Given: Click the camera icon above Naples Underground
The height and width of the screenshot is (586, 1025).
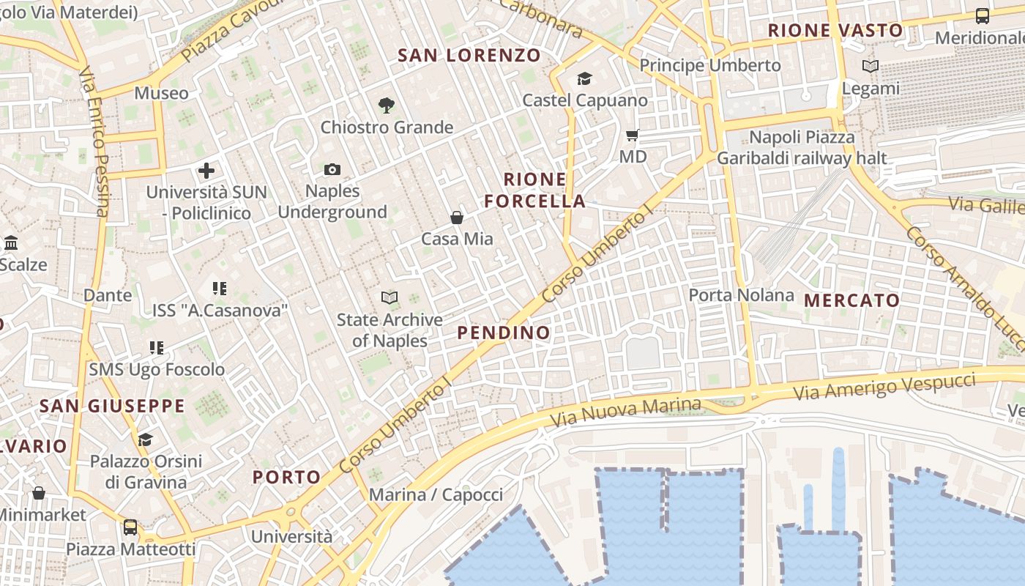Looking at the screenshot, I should (x=332, y=170).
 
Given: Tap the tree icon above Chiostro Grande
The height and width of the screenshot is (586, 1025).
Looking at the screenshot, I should (x=387, y=105).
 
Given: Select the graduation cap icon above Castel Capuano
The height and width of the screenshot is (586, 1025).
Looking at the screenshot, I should (x=584, y=78).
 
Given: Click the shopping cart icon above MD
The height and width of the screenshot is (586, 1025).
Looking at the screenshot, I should (x=633, y=135).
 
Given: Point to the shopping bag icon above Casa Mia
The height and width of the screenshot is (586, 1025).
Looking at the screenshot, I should (x=457, y=218).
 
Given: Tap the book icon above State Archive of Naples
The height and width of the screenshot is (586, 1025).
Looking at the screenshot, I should (x=389, y=297).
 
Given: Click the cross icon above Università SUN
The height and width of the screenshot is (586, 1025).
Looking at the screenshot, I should (x=206, y=171).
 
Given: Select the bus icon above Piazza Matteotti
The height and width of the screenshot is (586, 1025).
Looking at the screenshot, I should (x=130, y=527).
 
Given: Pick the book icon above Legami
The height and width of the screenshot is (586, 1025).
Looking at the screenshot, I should (x=870, y=67).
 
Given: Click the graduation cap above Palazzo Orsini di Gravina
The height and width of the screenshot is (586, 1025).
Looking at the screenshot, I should (x=145, y=439).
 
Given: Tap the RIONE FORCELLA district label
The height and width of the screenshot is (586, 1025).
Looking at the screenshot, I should (x=535, y=190).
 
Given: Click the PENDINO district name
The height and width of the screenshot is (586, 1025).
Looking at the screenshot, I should (x=504, y=333).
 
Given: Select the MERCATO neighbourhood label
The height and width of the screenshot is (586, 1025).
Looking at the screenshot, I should (x=851, y=300).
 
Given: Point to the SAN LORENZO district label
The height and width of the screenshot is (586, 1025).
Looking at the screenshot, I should (x=469, y=55).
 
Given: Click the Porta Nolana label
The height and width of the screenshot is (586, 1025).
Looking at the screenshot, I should (x=741, y=295).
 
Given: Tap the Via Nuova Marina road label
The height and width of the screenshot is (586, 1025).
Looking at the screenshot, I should (x=625, y=412).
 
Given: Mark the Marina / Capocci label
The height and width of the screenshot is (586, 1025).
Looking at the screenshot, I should (x=436, y=494).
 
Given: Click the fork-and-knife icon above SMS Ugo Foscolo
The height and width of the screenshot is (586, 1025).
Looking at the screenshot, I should (x=157, y=347).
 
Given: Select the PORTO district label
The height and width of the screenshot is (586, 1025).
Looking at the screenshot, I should (x=287, y=477).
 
